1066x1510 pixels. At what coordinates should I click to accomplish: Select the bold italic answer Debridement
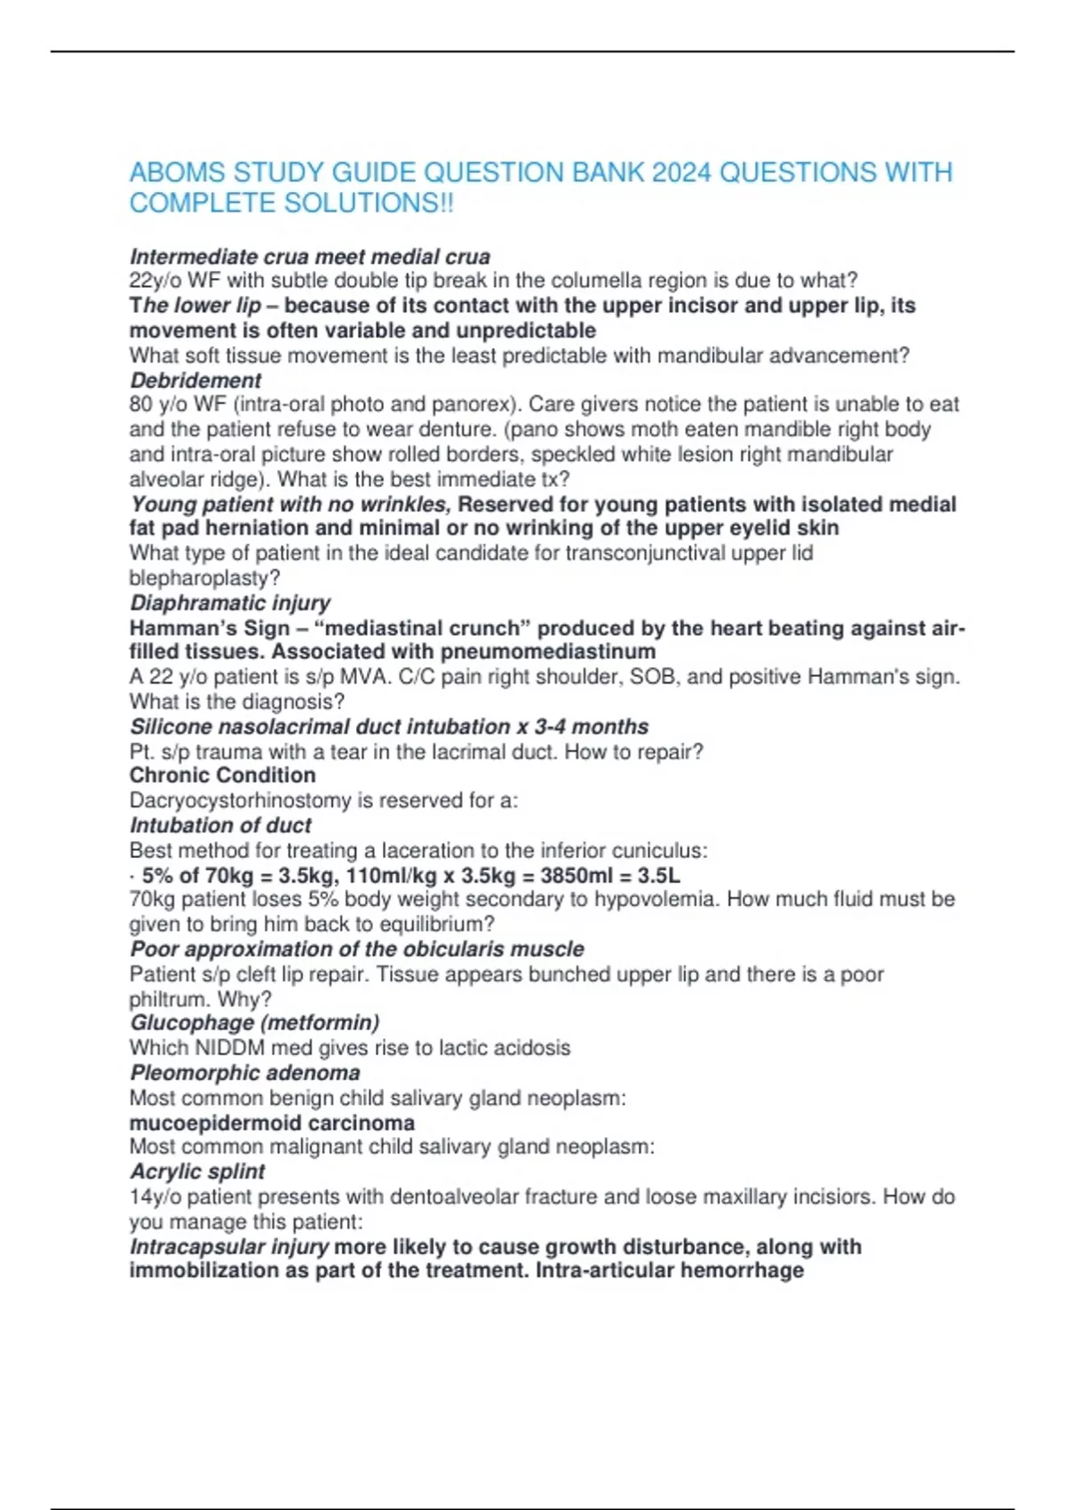[195, 380]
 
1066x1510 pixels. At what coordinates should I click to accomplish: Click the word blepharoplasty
[201, 578]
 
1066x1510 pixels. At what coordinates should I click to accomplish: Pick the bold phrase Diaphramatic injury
[230, 603]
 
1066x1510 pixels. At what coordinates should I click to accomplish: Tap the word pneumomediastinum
[548, 652]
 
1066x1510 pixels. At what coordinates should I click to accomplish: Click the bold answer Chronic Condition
[222, 775]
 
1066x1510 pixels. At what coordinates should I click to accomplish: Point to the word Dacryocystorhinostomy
[240, 800]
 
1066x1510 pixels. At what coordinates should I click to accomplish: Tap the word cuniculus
[656, 851]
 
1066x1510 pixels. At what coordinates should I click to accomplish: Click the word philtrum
[167, 999]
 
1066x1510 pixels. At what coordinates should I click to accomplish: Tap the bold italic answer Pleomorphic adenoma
[244, 1073]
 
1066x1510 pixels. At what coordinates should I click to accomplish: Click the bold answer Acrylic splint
[197, 1172]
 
